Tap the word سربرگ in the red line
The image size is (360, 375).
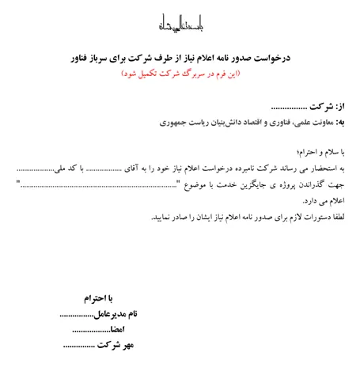tap(200, 73)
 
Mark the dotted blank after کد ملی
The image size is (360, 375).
tap(36, 169)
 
